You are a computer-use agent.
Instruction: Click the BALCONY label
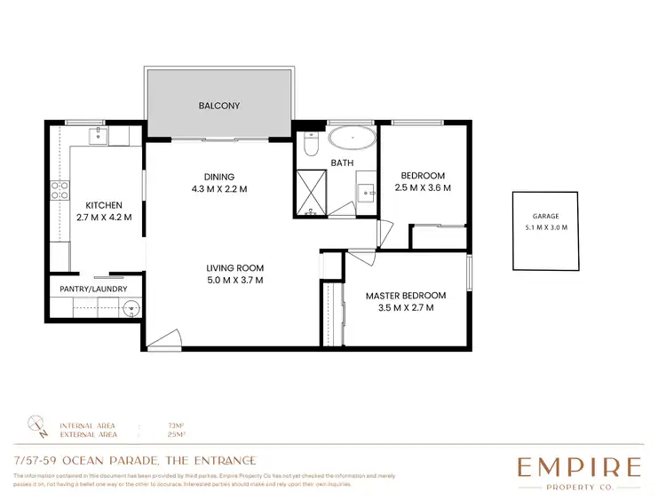click(218, 106)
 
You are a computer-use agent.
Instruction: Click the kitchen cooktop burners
click(59, 189)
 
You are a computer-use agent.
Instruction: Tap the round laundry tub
click(131, 309)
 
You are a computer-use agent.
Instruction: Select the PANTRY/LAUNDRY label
click(93, 289)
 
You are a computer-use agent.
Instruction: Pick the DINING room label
click(218, 176)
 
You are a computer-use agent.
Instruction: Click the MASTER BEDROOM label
click(405, 296)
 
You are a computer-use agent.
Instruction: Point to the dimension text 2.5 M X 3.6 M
click(423, 188)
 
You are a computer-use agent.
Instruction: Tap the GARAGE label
click(546, 216)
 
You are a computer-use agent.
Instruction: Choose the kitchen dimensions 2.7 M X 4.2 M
click(104, 216)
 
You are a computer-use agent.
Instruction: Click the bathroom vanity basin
click(366, 192)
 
